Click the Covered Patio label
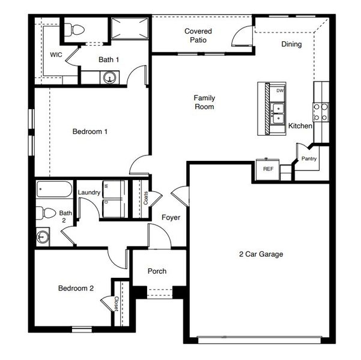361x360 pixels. [x=198, y=35]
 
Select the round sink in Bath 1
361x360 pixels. [x=109, y=77]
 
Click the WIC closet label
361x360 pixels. [x=56, y=55]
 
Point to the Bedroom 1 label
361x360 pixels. [x=89, y=131]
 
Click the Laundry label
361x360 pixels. [x=88, y=192]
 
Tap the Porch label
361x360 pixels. [x=157, y=271]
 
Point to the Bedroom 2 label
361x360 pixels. [x=76, y=288]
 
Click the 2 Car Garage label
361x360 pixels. [x=260, y=254]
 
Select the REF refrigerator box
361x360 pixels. [x=268, y=169]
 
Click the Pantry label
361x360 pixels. [x=309, y=159]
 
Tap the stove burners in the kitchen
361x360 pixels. [x=320, y=112]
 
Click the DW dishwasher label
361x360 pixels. [x=280, y=91]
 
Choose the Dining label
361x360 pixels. [x=291, y=44]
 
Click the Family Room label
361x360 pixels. [x=204, y=102]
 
